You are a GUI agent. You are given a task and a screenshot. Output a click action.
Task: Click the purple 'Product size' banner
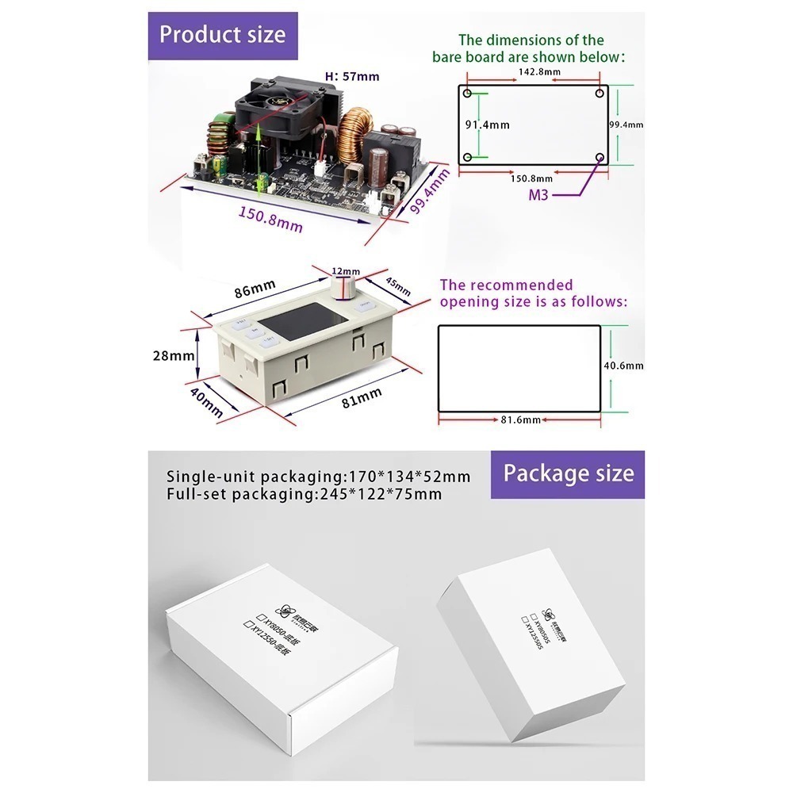(221, 35)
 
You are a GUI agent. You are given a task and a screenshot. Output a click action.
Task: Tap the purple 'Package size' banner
(569, 474)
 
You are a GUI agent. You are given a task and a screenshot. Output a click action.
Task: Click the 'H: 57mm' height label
(352, 76)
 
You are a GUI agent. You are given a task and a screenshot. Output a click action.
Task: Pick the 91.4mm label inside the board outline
(487, 125)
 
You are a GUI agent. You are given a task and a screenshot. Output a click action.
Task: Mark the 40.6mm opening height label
(623, 366)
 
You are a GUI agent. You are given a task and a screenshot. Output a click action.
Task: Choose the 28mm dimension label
(174, 356)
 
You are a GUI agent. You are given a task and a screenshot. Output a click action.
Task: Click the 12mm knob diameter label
(346, 270)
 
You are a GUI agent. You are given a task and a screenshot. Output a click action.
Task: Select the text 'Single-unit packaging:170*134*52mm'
(318, 477)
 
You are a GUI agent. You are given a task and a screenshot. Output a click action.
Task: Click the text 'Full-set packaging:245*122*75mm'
(304, 494)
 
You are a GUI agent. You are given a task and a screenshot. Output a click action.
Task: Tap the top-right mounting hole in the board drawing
(600, 94)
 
